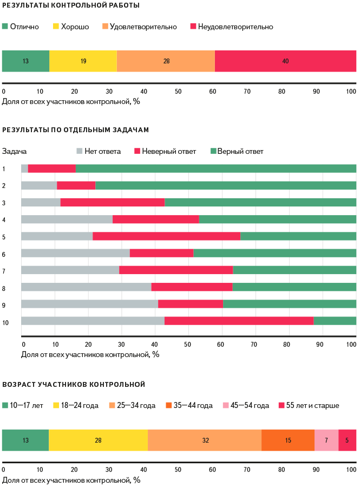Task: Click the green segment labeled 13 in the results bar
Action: [x=25, y=61]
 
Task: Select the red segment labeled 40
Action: [x=285, y=61]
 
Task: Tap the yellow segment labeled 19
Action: [x=83, y=61]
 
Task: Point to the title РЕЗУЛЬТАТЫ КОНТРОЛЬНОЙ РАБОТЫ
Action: [x=71, y=5]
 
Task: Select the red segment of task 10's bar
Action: [x=239, y=321]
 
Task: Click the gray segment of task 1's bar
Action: [x=24, y=169]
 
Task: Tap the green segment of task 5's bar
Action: [x=298, y=236]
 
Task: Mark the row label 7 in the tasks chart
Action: [x=4, y=270]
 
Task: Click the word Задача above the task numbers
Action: [x=15, y=151]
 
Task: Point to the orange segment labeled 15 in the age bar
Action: [x=287, y=440]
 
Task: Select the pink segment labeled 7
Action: [x=326, y=440]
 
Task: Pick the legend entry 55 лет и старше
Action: [x=313, y=405]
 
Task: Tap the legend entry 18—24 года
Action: [x=79, y=405]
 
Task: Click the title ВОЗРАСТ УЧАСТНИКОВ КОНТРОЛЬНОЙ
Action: [x=74, y=384]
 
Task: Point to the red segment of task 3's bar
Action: [x=113, y=203]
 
